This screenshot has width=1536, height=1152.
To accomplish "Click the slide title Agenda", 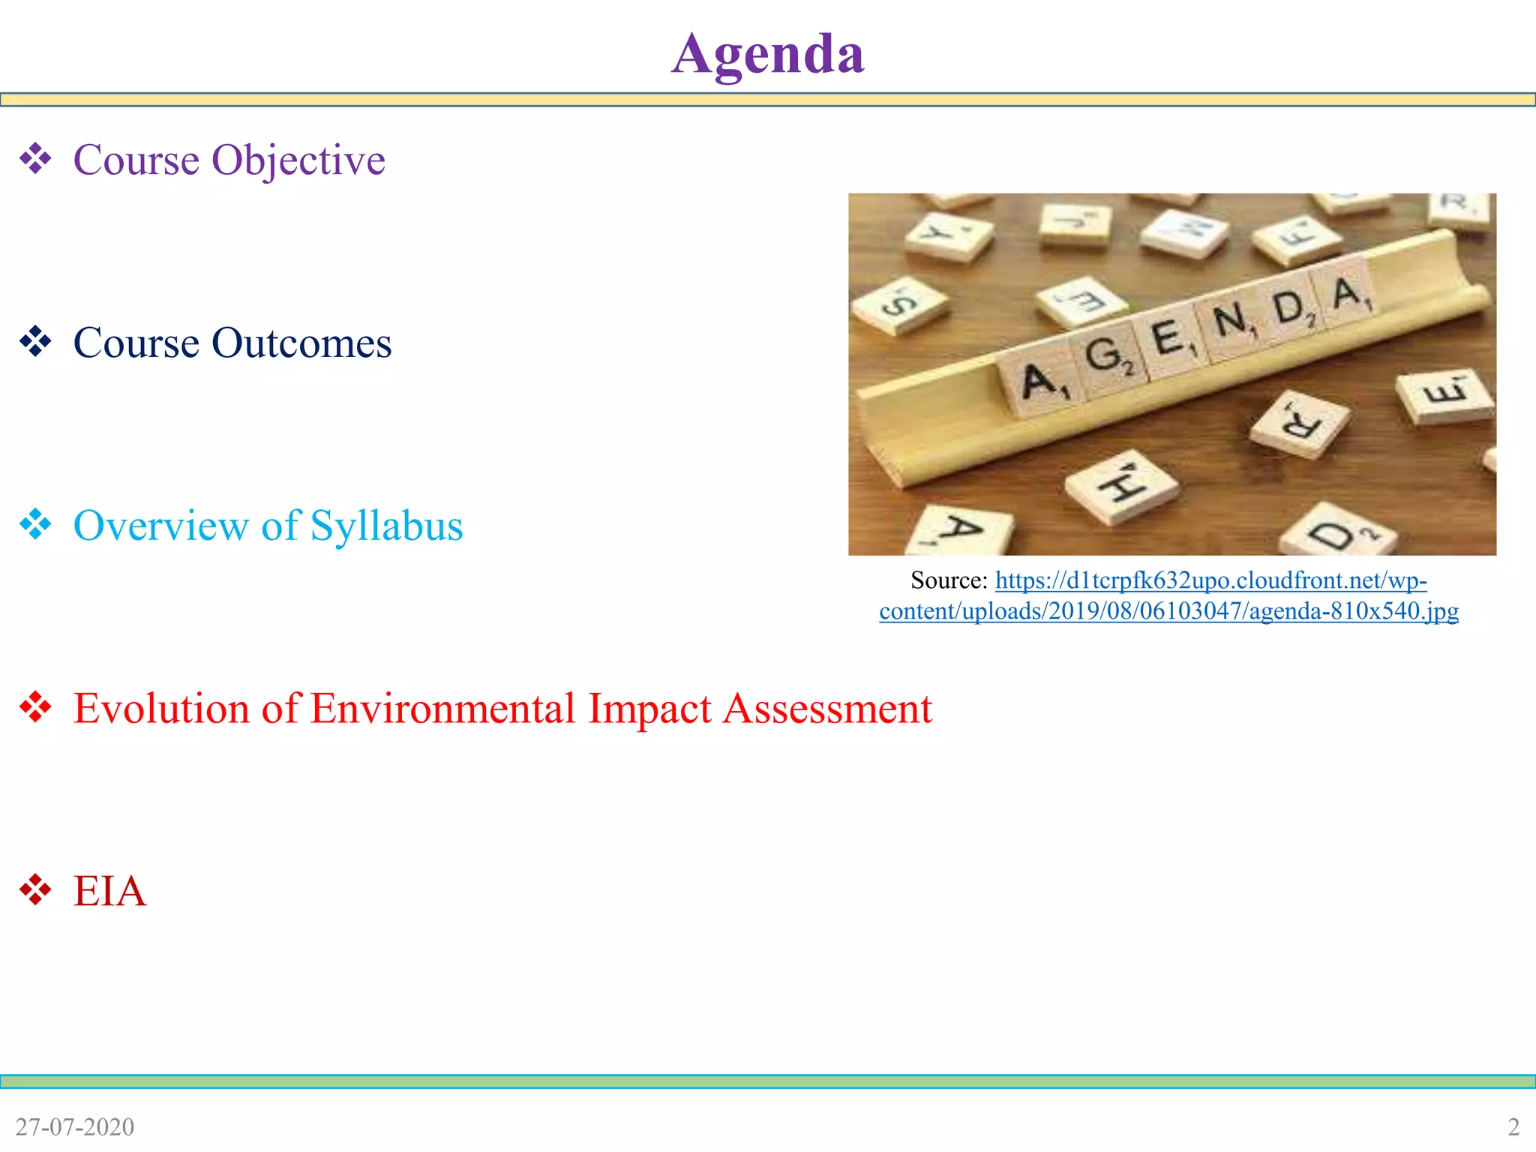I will coord(767,54).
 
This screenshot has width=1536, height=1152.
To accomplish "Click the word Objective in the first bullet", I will coord(298,160).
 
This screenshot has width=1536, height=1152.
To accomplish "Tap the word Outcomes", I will coord(301,343).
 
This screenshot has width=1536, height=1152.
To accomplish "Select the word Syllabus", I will coord(386,526).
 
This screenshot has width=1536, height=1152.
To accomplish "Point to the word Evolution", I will coord(161,709).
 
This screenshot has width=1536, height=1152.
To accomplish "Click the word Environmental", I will coord(442,709).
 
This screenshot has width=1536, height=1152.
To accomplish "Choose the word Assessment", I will coord(827,709).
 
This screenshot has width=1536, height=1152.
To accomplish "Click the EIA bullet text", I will coord(109,891).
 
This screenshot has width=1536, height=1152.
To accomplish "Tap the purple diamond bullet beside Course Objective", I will coord(35,159).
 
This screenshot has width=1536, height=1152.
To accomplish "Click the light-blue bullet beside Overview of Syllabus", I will coord(35,524).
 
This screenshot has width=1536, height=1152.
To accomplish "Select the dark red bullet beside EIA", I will coord(35,890).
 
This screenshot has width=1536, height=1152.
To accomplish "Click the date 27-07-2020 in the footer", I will coord(75,1126).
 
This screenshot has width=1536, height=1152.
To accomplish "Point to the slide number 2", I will coord(1513,1126).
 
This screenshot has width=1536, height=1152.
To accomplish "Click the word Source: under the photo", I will coord(949,580).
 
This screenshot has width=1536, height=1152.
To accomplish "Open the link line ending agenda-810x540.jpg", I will coord(1168,611).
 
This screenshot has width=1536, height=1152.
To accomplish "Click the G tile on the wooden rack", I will coord(1106,356).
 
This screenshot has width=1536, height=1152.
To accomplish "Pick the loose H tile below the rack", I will coord(1121,485).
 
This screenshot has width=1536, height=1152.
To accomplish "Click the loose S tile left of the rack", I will coord(899,304).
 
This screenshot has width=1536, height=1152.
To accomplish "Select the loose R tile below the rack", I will coord(1300,423).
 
